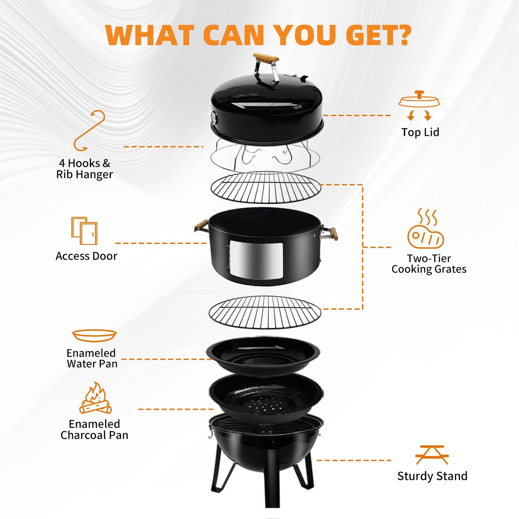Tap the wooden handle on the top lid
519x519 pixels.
click(x=265, y=58)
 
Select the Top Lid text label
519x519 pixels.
click(x=420, y=132)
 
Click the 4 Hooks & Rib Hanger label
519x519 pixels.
click(x=84, y=169)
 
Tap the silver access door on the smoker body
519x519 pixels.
click(x=255, y=260)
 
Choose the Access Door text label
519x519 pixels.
click(x=86, y=256)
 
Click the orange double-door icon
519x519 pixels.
click(x=84, y=231)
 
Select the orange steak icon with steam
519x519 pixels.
click(x=425, y=229)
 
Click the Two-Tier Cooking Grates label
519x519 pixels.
click(x=428, y=264)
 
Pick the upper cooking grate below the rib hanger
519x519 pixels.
click(x=265, y=187)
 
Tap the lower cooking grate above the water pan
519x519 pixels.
click(x=265, y=312)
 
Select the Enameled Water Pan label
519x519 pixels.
click(x=92, y=358)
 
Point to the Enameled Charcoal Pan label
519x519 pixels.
click(x=94, y=430)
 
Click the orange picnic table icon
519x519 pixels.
click(x=432, y=455)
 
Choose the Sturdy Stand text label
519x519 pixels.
click(x=432, y=476)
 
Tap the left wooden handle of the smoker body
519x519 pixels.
click(x=201, y=226)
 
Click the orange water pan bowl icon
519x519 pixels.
click(x=94, y=335)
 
